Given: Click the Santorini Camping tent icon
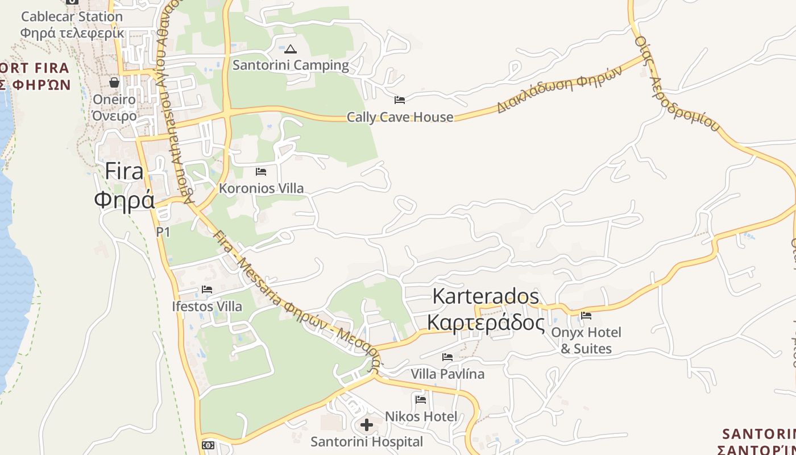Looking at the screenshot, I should click(x=291, y=49).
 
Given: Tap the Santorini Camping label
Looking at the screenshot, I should click(x=291, y=65).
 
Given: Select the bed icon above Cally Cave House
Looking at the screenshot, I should click(x=400, y=100).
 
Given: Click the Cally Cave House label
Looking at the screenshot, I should click(x=400, y=117).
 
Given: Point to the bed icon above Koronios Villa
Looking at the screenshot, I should click(x=261, y=171).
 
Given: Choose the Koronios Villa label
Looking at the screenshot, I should click(x=261, y=188).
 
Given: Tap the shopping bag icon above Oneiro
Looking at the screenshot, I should click(x=114, y=82).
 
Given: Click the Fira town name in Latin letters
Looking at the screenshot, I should click(x=125, y=171).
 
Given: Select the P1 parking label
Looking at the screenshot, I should click(x=163, y=232).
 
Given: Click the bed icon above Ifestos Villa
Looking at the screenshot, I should click(x=207, y=289).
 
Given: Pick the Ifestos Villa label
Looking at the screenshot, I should click(x=207, y=307).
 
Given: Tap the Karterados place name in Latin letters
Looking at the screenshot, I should click(x=486, y=296).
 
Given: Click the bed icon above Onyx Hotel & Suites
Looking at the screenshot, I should click(x=586, y=315).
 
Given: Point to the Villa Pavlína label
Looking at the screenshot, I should click(x=447, y=374).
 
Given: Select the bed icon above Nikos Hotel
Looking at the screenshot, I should click(x=421, y=399).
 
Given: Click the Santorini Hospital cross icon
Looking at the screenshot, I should click(x=367, y=424).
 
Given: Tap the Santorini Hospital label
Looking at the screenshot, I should click(x=367, y=441).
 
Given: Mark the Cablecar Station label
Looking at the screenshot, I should click(x=72, y=16).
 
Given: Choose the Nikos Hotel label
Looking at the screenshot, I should click(x=421, y=416).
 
